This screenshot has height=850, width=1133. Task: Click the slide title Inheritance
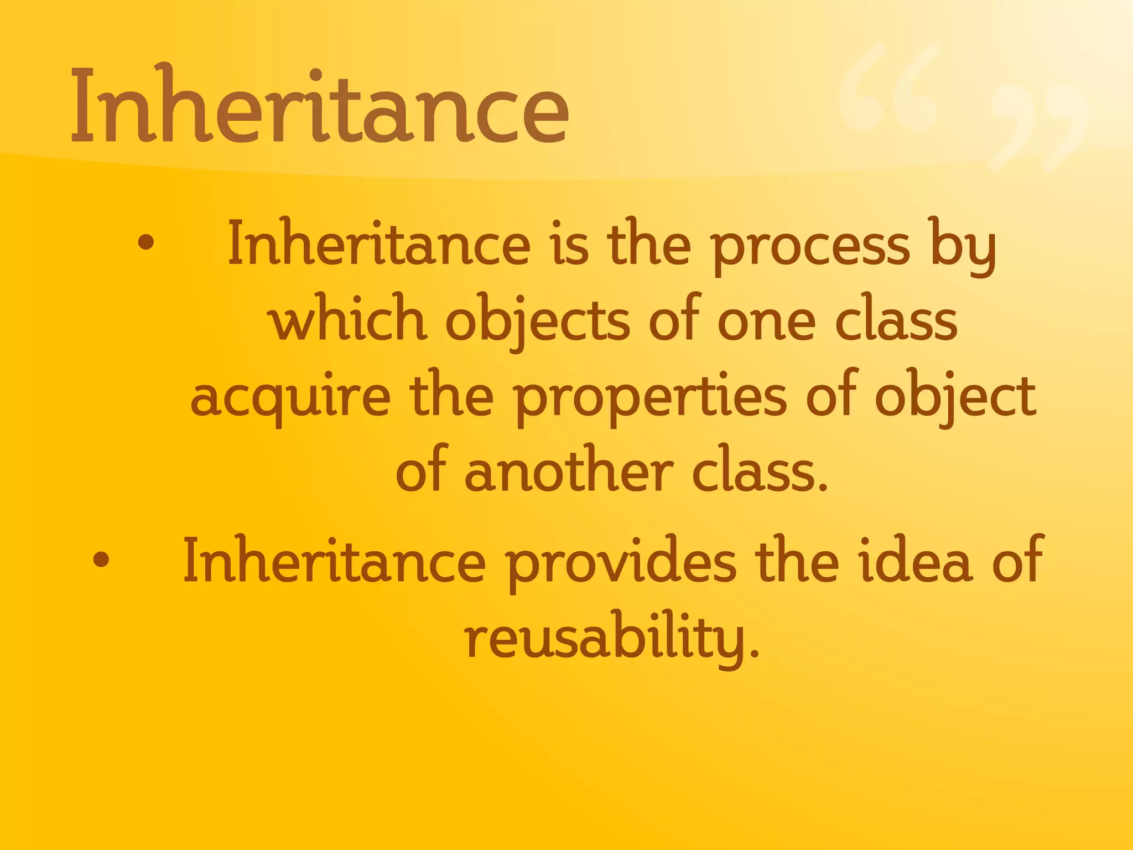pos(320,105)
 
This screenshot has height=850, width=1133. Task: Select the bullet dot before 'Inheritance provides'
pos(101,559)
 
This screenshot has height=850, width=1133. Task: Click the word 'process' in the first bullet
pos(810,246)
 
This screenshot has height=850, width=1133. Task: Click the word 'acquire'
pos(290,398)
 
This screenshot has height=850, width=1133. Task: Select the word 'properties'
pos(651,398)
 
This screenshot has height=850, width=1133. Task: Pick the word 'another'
pos(568,473)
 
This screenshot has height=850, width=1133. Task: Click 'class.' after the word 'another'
pos(760,473)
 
